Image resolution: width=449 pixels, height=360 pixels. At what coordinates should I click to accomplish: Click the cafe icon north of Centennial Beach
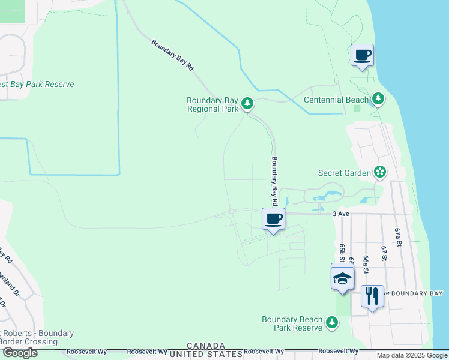[x=362, y=56]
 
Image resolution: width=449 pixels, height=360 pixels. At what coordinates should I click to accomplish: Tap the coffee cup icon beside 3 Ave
[x=273, y=219]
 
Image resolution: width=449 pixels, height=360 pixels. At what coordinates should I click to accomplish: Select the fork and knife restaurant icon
[x=372, y=296]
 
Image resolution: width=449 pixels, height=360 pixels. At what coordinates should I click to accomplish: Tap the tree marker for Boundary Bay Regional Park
[x=247, y=104]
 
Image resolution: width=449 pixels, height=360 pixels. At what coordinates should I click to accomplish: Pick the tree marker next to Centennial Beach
[x=378, y=98]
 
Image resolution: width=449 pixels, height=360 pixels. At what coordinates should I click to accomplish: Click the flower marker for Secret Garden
[x=379, y=173]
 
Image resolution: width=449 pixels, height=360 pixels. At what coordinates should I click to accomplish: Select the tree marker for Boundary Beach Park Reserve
[x=332, y=323]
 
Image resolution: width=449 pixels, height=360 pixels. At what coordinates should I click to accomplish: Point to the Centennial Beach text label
[x=336, y=100]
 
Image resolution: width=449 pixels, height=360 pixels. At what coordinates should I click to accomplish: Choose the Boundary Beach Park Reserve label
[x=292, y=323]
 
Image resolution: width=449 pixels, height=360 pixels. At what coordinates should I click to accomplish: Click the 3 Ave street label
[x=340, y=213]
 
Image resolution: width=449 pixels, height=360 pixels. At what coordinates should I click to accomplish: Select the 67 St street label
[x=383, y=252]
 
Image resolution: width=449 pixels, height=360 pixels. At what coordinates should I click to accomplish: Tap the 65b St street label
[x=342, y=254]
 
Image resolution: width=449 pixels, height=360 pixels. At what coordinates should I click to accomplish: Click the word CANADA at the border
[x=206, y=346]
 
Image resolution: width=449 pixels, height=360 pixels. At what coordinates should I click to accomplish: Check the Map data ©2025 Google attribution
[x=412, y=355]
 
